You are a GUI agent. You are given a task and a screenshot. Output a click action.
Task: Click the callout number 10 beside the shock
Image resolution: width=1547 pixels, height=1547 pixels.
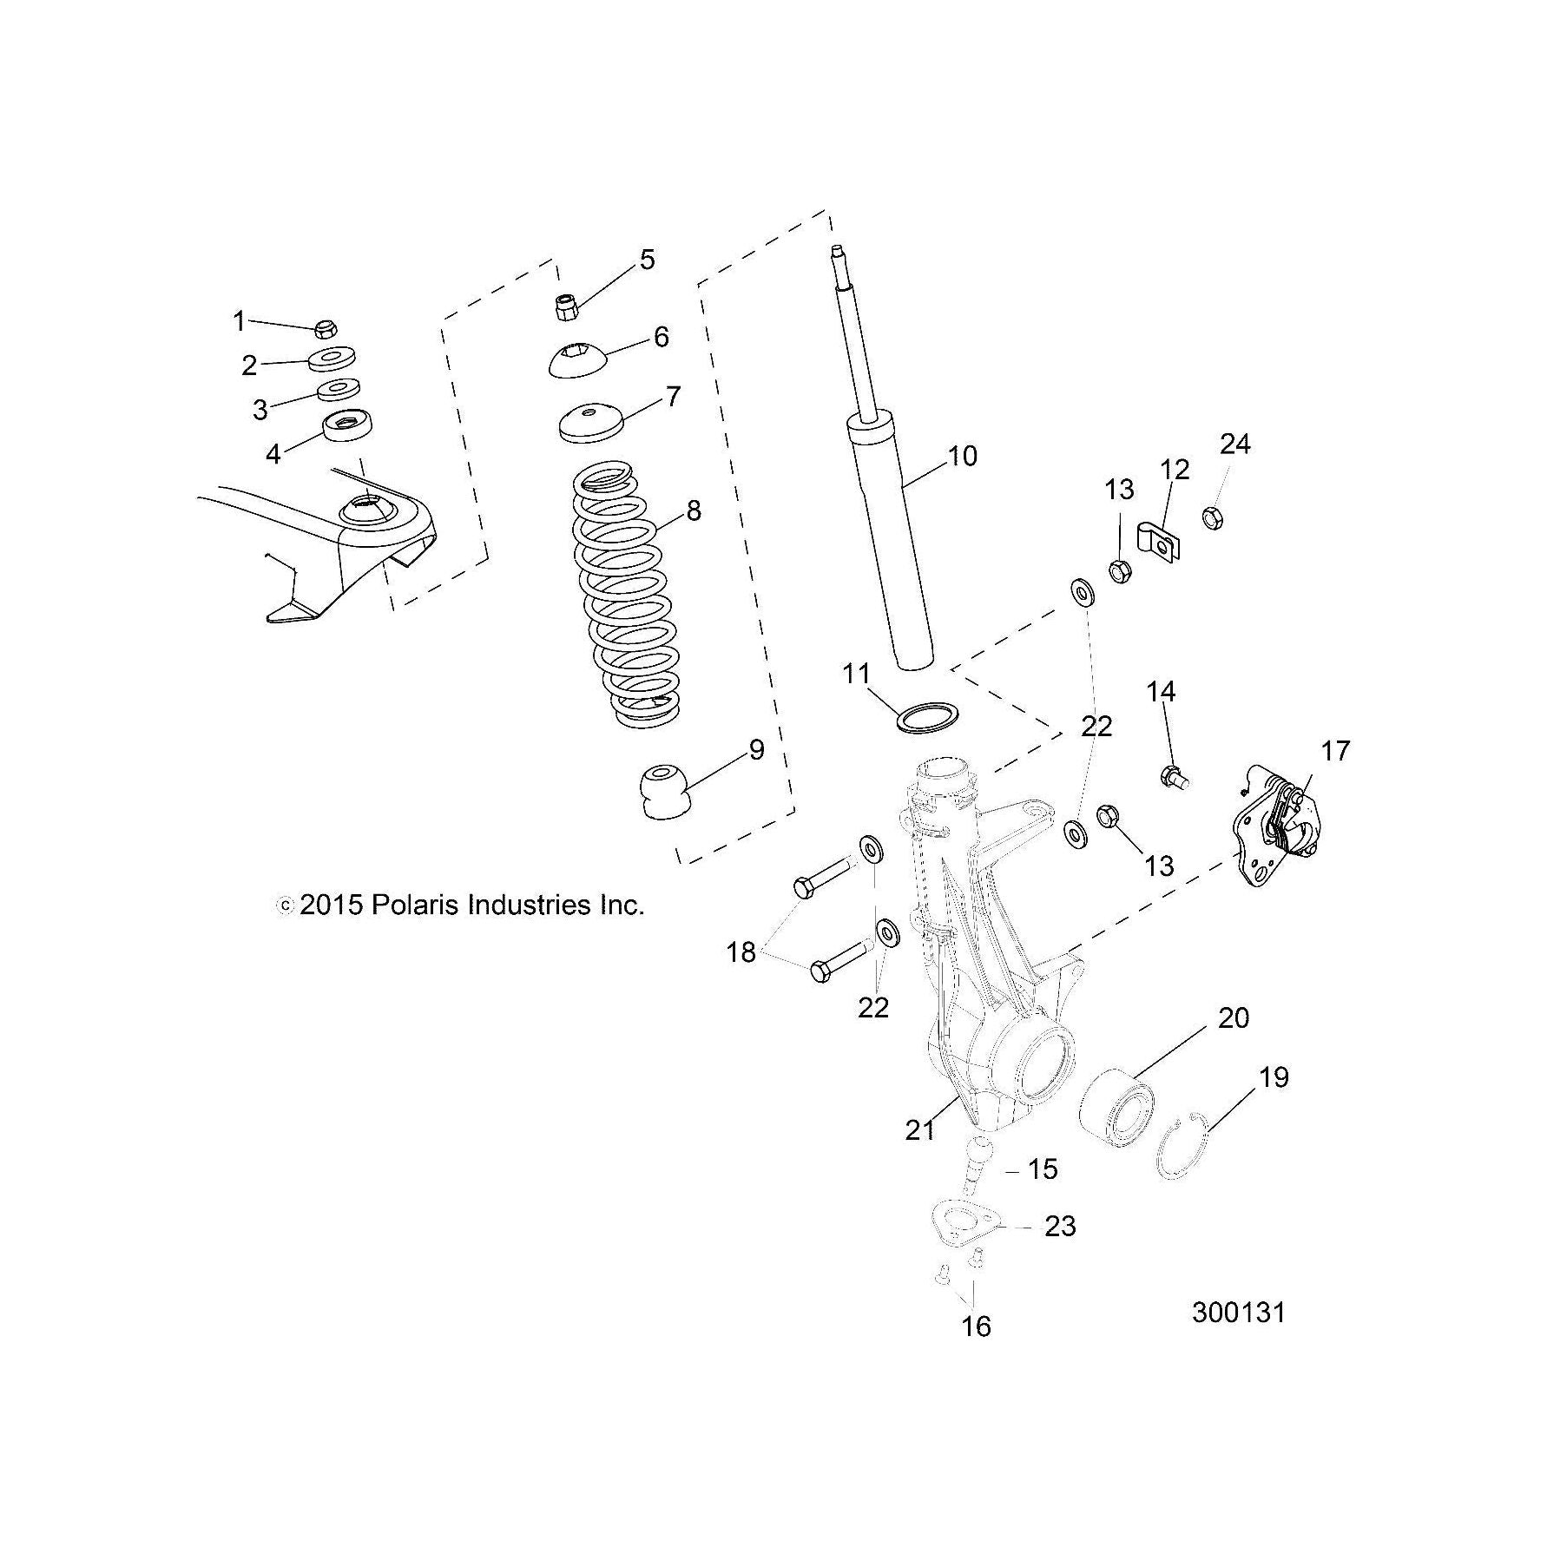962,456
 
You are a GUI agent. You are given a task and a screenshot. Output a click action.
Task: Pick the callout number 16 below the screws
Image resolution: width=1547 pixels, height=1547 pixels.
976,1351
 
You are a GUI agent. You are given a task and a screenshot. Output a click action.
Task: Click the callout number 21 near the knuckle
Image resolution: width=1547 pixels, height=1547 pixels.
920,1129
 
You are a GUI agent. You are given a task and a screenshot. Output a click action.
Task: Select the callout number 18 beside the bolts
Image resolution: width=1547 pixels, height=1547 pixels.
741,952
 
